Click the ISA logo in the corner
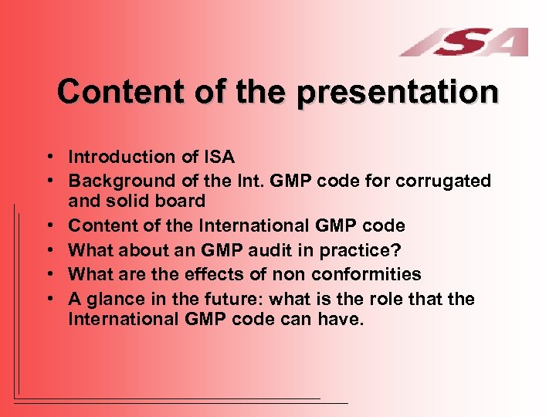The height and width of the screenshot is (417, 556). click(464, 42)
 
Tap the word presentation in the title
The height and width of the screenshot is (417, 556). click(398, 92)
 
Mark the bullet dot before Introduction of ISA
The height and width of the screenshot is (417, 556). click(49, 158)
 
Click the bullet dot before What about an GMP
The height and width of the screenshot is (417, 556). click(49, 251)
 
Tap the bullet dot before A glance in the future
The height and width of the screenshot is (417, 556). click(49, 300)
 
